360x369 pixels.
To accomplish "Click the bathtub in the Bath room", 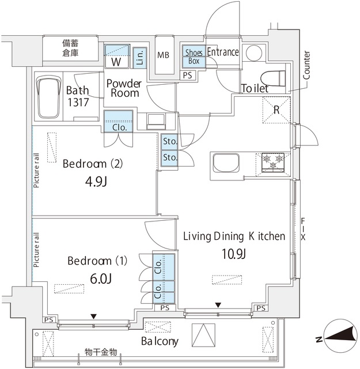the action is pyautogui.click(x=48, y=97).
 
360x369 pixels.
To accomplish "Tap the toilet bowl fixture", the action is pyautogui.click(x=273, y=78).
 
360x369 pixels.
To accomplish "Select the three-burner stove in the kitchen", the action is pyautogui.click(x=273, y=162).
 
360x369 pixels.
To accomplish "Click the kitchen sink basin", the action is pyautogui.click(x=226, y=163).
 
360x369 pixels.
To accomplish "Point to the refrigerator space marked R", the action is pyautogui.click(x=276, y=110).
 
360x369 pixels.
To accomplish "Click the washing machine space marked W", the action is pyautogui.click(x=117, y=57).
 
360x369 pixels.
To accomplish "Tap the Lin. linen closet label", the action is pyautogui.click(x=140, y=58).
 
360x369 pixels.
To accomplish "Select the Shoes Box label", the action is pyautogui.click(x=194, y=57).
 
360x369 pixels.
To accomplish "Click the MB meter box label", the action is pyautogui.click(x=163, y=55).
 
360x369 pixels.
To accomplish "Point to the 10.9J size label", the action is pyautogui.click(x=234, y=254).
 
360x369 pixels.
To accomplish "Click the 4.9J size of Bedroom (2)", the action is pyautogui.click(x=96, y=182).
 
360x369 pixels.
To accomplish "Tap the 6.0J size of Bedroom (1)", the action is pyautogui.click(x=101, y=278).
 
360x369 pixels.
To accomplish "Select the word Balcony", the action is pyautogui.click(x=160, y=341).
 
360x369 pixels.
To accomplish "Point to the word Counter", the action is pyautogui.click(x=306, y=65).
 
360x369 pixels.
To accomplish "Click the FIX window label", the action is pyautogui.click(x=303, y=229).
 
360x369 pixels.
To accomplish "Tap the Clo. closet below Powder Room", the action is pyautogui.click(x=119, y=122).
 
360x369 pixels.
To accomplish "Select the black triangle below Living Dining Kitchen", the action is pyautogui.click(x=218, y=305).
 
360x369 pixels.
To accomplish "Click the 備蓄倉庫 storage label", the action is pyautogui.click(x=70, y=48).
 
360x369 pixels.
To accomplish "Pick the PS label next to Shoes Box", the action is pyautogui.click(x=187, y=76).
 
